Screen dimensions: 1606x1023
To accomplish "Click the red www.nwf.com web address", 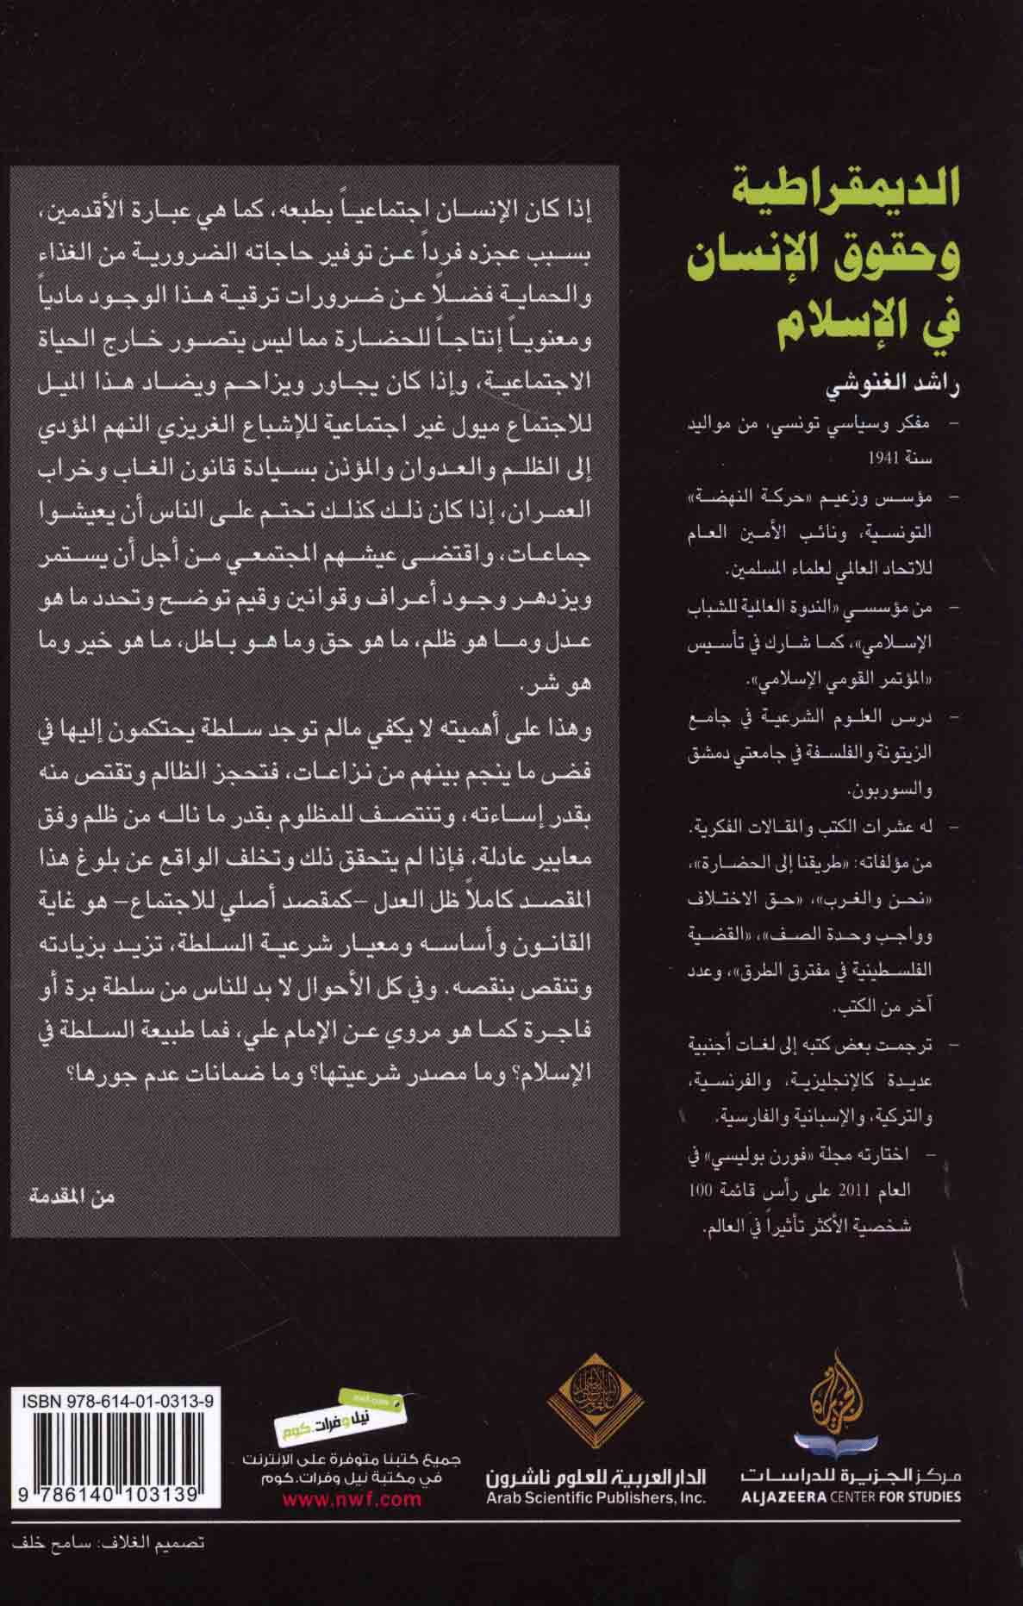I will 352,1498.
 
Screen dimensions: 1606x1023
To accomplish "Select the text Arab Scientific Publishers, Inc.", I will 595,1497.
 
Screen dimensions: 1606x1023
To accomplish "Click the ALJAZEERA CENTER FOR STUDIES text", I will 849,1497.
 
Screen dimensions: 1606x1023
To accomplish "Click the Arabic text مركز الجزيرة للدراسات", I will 849,1477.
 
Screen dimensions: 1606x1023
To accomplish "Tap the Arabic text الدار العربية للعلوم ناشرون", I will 596,1477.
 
